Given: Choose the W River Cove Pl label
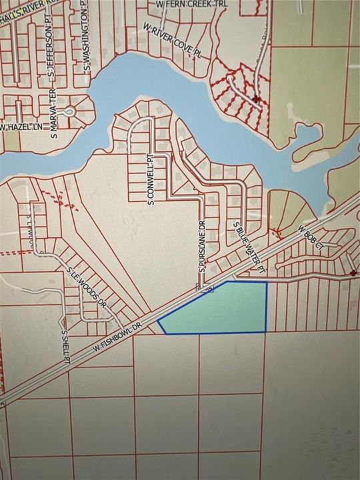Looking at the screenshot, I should coord(171,41).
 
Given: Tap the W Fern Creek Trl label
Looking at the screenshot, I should coord(187,4).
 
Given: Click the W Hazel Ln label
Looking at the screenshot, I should coord(17,127).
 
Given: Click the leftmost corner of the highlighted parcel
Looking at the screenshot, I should coord(158,322).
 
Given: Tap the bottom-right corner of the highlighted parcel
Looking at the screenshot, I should coord(266,331).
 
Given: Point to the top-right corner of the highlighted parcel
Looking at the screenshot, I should coord(267,283).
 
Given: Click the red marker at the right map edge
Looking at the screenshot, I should coord(353,273).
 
